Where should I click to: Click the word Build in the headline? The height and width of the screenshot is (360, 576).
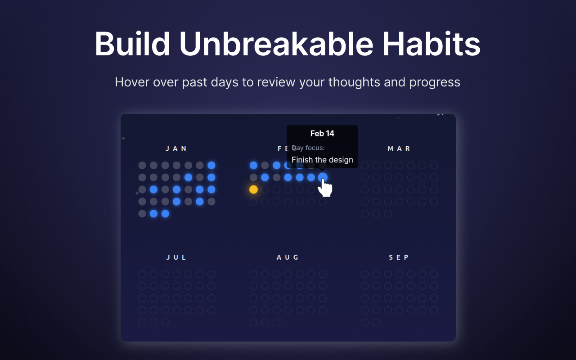[132, 44]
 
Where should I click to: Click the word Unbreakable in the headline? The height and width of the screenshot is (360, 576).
[276, 44]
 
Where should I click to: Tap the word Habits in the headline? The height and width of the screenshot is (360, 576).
[431, 44]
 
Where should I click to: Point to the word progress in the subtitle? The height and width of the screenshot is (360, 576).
[435, 83]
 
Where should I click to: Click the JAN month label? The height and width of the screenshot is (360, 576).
[176, 148]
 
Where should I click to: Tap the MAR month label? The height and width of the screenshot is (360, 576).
[399, 148]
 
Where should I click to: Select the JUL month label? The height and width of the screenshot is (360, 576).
[176, 257]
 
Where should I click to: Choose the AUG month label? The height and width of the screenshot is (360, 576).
[288, 257]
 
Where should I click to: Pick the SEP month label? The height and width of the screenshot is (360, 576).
[399, 257]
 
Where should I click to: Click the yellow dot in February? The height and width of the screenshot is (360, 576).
[253, 189]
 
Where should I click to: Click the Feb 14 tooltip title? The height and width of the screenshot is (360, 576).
[322, 134]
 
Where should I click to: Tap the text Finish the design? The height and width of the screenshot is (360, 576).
[322, 160]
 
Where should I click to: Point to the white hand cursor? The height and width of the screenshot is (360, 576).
[325, 188]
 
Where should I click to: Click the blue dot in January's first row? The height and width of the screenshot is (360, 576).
[211, 165]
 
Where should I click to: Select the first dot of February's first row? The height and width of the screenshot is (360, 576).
[253, 165]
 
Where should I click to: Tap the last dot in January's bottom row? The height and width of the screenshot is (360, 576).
[165, 214]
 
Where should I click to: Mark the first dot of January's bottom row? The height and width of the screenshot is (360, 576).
[142, 214]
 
